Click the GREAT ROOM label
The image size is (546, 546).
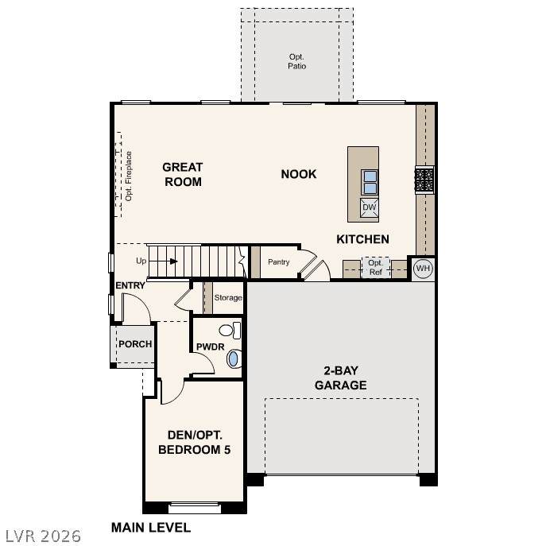pyautogui.click(x=183, y=175)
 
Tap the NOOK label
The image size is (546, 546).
pyautogui.click(x=299, y=174)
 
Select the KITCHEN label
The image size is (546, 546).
pyautogui.click(x=362, y=239)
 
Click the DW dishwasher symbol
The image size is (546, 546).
pyautogui.click(x=369, y=207)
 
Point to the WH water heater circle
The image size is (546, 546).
pyautogui.click(x=423, y=268)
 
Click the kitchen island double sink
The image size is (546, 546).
pyautogui.click(x=370, y=183)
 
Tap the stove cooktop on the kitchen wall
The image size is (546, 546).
pyautogui.click(x=424, y=180)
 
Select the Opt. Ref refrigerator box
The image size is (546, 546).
pyautogui.click(x=375, y=267)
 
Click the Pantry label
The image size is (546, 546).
pyautogui.click(x=279, y=261)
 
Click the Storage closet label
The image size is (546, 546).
pyautogui.click(x=228, y=298)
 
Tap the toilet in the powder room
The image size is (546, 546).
pyautogui.click(x=230, y=331)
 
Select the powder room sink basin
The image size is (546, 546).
pyautogui.click(x=234, y=358)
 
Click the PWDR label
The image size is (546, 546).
pyautogui.click(x=211, y=347)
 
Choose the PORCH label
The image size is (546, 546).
pyautogui.click(x=135, y=344)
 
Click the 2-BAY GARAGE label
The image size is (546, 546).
pyautogui.click(x=340, y=378)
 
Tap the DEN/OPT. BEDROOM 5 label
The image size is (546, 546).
pyautogui.click(x=194, y=442)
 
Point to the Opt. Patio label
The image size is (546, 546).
pyautogui.click(x=297, y=61)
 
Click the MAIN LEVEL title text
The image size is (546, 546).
pyautogui.click(x=151, y=528)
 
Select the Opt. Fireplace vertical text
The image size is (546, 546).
pyautogui.click(x=129, y=176)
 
